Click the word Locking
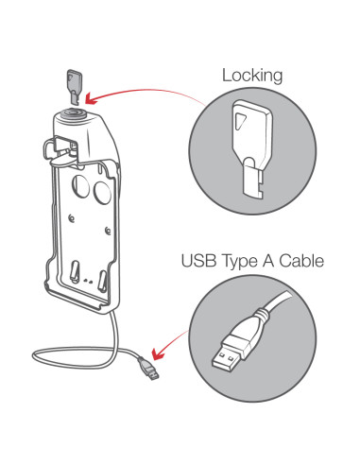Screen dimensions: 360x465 click(252, 76)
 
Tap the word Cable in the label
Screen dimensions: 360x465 click(301, 261)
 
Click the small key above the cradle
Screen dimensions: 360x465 click(74, 87)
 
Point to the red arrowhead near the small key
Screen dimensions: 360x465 click(92, 98)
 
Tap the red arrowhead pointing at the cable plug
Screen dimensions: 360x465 click(158, 353)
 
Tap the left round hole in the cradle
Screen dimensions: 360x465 click(81, 186)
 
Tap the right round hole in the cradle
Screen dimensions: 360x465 click(102, 192)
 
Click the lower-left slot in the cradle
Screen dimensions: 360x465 click(75, 271)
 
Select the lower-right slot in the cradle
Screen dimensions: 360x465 click(102, 280)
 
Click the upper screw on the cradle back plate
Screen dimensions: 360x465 click(72, 217)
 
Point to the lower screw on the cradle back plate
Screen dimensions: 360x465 click(108, 231)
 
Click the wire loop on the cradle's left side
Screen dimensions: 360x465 click(49, 148)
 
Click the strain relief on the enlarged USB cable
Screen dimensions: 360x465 click(262, 319)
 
